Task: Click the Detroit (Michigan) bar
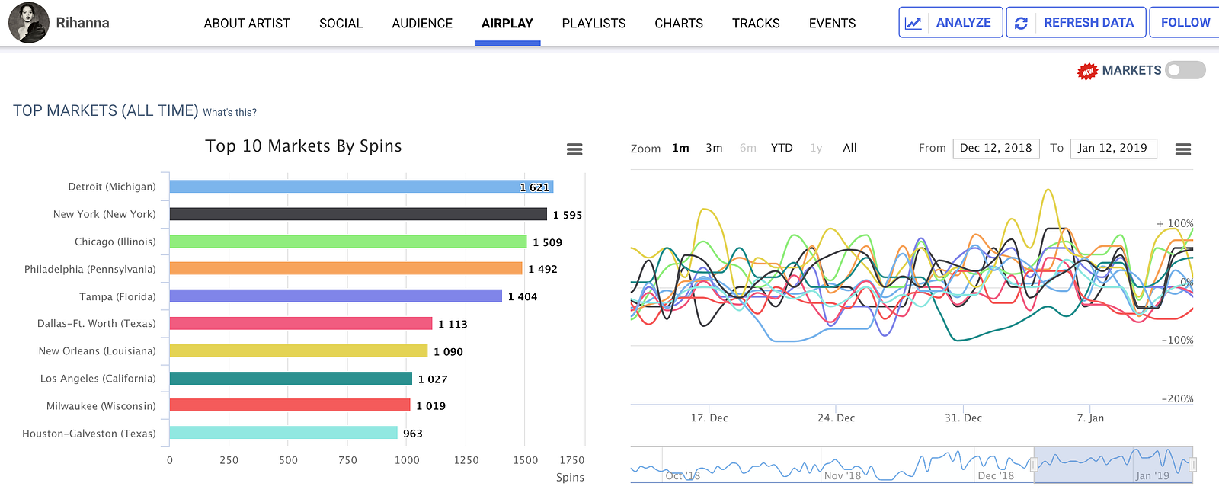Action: (x=361, y=187)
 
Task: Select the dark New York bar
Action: (x=358, y=214)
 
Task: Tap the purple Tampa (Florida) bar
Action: (x=335, y=296)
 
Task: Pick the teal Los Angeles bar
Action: (x=290, y=379)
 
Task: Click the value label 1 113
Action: (x=453, y=324)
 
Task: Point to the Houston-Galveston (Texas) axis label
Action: (x=89, y=434)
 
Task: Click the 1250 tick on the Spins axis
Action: (x=466, y=460)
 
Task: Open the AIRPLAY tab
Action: (x=507, y=24)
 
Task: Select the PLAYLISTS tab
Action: (x=594, y=24)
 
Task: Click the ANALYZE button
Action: (x=950, y=23)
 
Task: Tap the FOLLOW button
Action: (x=1185, y=23)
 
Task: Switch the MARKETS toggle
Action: (x=1185, y=70)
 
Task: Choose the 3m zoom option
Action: (x=714, y=148)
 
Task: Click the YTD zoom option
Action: (x=782, y=148)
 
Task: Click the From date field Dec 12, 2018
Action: (x=996, y=148)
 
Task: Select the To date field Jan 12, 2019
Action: (x=1112, y=148)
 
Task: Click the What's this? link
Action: (x=229, y=112)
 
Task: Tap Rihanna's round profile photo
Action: (x=28, y=22)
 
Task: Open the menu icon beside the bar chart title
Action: (x=574, y=149)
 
